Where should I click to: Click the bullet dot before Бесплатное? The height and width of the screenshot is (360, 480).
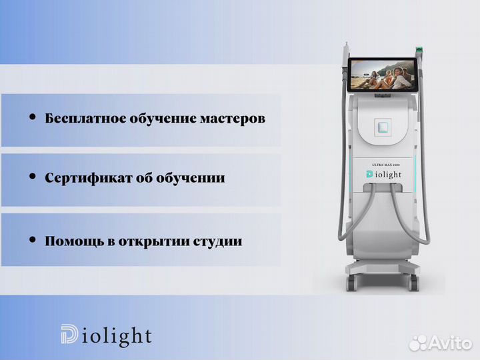32,117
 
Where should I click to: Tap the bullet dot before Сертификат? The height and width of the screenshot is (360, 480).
32,177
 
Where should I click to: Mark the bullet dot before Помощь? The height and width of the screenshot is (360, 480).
32,239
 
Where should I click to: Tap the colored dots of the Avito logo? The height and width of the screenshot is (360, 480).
418,343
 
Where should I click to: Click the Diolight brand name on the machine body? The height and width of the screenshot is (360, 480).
385,174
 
